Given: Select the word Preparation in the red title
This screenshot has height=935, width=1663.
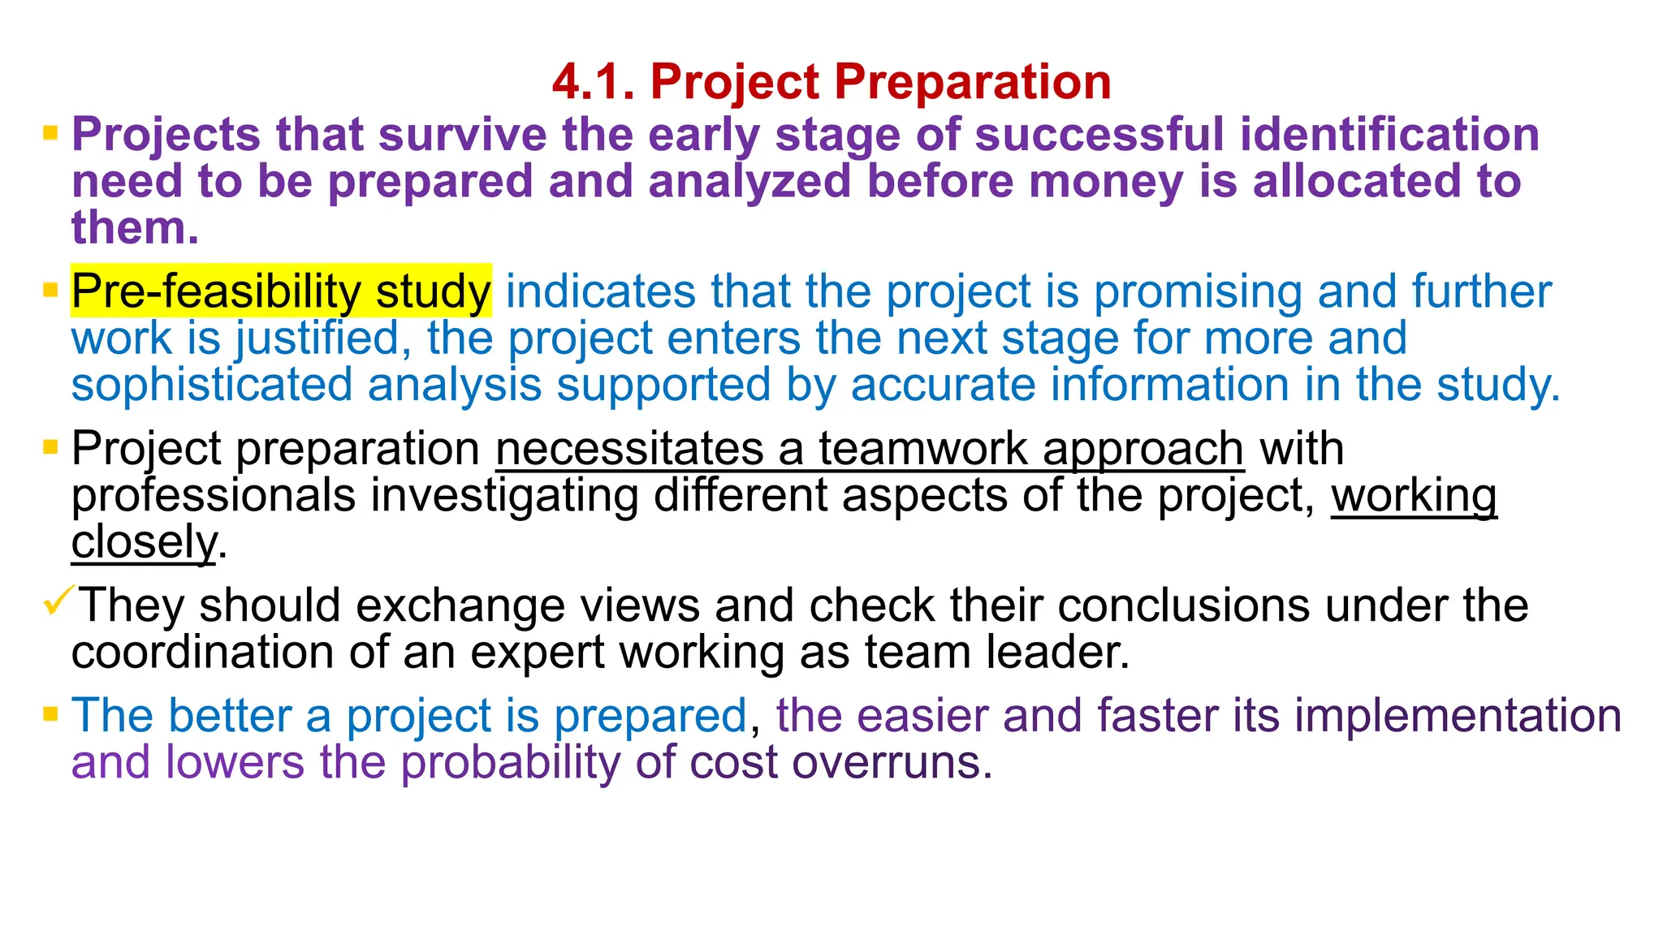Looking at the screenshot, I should point(972,82).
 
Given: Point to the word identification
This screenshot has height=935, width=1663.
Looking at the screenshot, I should point(1389,135).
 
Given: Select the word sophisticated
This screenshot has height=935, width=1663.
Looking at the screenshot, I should point(212,385).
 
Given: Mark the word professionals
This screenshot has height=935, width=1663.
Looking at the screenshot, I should point(214,495).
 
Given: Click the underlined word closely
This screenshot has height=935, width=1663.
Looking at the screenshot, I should point(144,542).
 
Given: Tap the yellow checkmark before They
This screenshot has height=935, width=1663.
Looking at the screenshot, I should point(58,601).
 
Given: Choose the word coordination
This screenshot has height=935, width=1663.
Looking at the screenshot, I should point(202,652).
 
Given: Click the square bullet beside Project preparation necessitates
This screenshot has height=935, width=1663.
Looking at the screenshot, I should point(50,447).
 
